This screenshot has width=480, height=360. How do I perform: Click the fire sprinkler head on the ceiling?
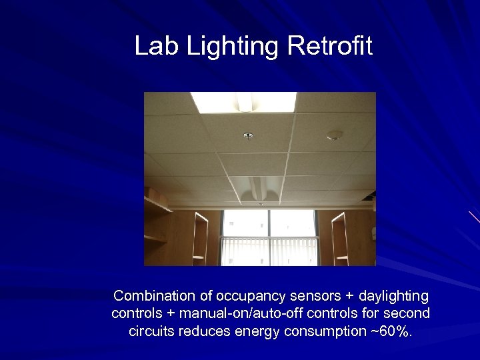(x=249, y=136)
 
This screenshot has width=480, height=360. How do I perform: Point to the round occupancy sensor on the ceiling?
(x=335, y=135)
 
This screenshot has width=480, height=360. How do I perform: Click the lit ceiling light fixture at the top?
(x=243, y=102)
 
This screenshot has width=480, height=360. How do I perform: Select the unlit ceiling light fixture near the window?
(x=257, y=187)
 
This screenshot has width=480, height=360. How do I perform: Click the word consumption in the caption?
(x=331, y=331)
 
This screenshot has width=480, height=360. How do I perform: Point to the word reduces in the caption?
(x=208, y=331)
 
